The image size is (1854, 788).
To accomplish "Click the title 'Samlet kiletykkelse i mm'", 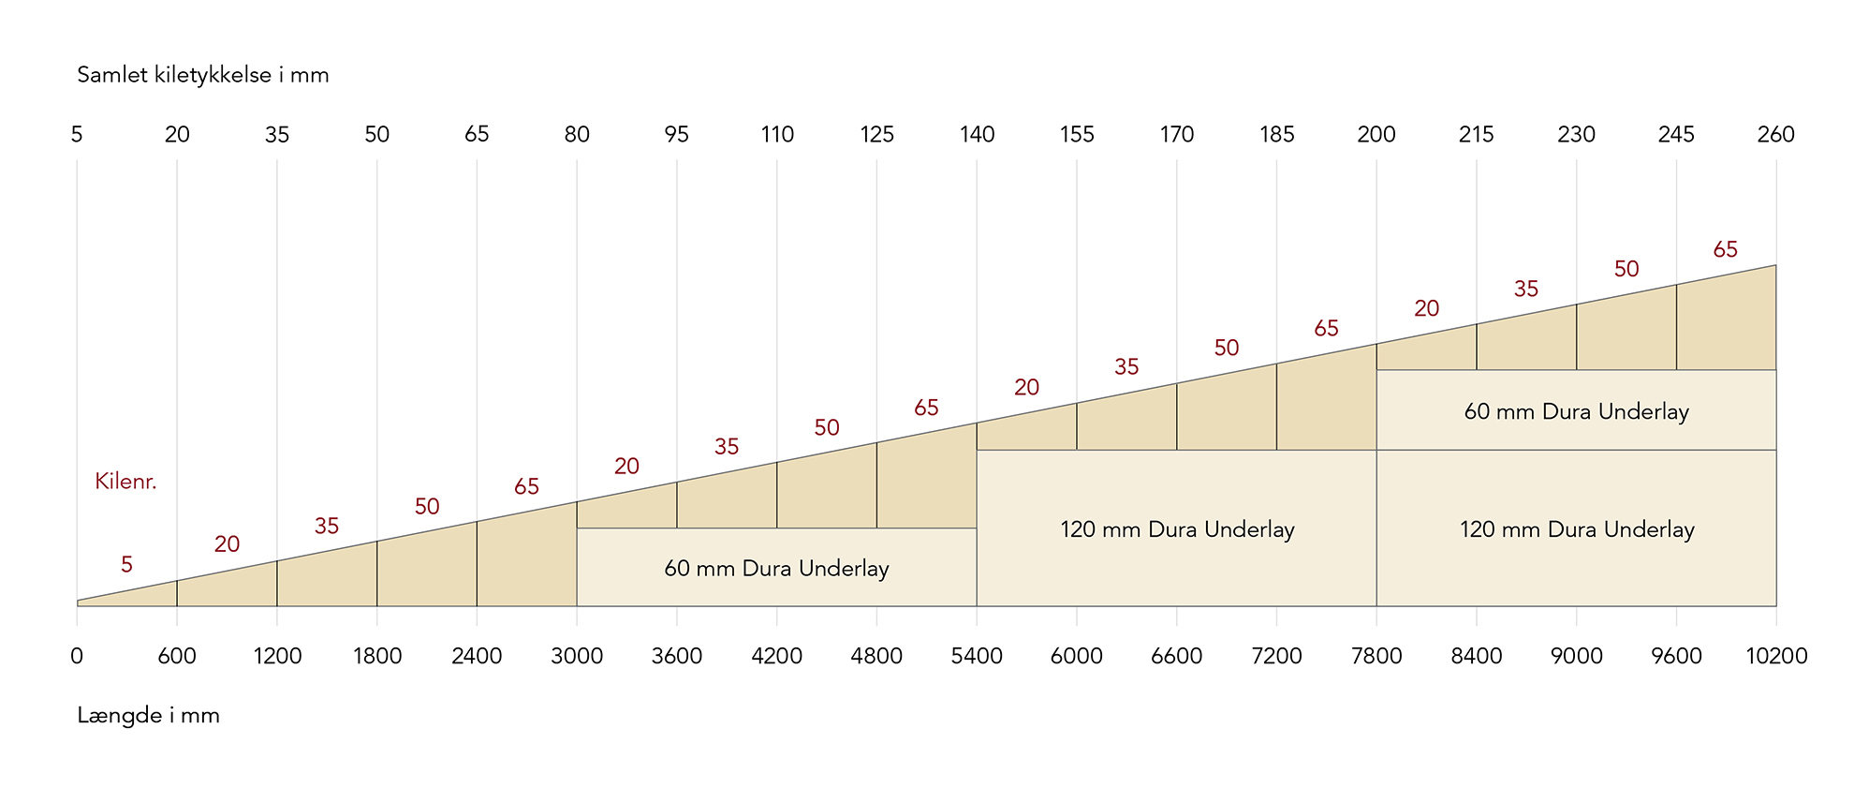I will point(203,75).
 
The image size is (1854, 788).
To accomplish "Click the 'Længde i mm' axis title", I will point(148,716).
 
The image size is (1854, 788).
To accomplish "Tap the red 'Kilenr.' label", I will point(125,482).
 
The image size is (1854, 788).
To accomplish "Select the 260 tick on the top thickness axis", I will point(1775,135).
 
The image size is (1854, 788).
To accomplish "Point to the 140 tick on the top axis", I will point(977,135).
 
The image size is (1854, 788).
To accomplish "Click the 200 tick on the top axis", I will point(1376,135).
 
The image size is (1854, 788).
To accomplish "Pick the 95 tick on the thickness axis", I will point(676,135).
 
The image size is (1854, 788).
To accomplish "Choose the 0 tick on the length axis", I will point(77,656).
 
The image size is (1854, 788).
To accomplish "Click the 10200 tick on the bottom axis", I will point(1775,656).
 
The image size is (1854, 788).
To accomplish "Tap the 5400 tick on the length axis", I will point(977,656).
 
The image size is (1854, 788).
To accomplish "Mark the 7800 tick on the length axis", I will point(1376,656).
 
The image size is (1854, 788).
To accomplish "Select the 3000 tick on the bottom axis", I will point(577,656).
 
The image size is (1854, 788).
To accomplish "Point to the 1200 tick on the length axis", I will point(277,656).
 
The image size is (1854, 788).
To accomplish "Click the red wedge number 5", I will point(126,564).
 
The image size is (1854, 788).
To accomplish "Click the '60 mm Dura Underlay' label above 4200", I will point(776,569).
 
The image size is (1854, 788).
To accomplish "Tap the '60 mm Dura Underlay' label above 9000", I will point(1576,411).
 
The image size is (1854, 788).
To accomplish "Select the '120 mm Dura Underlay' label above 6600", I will point(1177,529).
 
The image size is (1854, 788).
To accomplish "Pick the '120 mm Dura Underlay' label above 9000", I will point(1577,529).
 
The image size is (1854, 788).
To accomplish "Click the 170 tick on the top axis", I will point(1176,135).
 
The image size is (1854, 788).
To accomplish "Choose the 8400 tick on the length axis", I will point(1476,656).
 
